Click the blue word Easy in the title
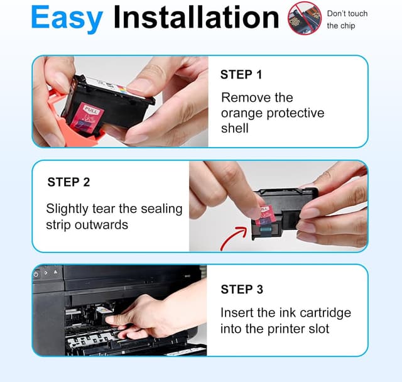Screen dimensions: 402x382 click(67, 18)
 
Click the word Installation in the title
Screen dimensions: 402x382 click(196, 17)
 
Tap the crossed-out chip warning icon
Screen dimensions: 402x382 click(305, 18)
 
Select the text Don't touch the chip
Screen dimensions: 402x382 click(347, 19)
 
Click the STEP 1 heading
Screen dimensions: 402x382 click(241, 75)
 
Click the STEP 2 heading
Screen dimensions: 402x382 click(68, 182)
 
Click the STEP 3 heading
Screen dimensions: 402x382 click(242, 290)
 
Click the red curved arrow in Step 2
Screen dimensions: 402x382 click(234, 237)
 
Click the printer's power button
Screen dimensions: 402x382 click(36, 274)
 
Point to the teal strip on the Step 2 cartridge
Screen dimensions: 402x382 click(266, 229)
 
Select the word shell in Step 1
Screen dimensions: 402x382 click(234, 128)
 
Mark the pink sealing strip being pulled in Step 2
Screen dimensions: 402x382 click(263, 214)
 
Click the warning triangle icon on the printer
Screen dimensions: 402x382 click(56, 272)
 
